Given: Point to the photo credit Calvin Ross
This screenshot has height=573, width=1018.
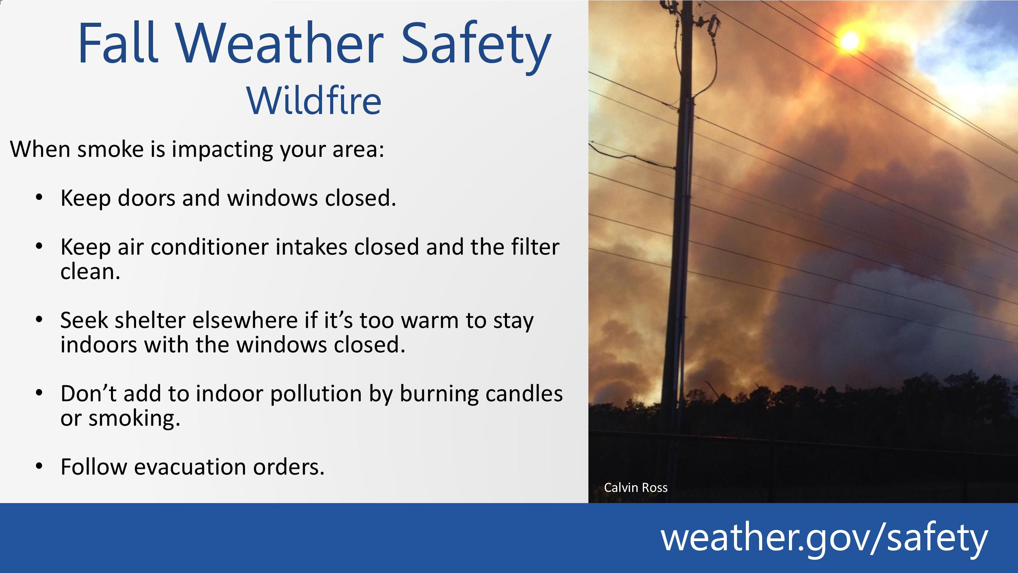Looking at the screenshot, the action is click(636, 487).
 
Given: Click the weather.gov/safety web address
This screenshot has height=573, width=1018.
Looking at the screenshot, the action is click(824, 538).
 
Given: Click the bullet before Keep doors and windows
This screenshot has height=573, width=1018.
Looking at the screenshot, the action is click(39, 197).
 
